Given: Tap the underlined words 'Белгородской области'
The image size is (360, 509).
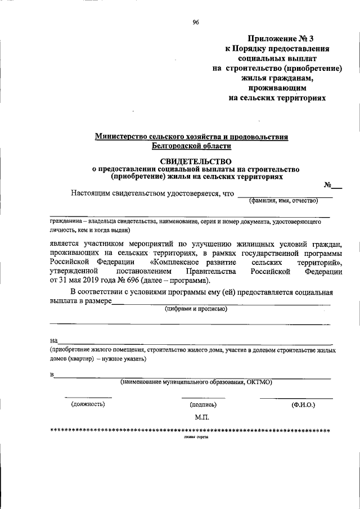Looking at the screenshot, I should point(191,146).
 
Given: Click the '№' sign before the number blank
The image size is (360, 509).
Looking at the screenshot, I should point(327,185).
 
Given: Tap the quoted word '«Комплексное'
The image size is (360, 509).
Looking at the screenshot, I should point(178,262).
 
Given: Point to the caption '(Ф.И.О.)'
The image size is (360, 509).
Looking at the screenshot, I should point(303,404).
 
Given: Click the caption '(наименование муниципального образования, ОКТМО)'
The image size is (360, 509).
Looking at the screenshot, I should point(196,382).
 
